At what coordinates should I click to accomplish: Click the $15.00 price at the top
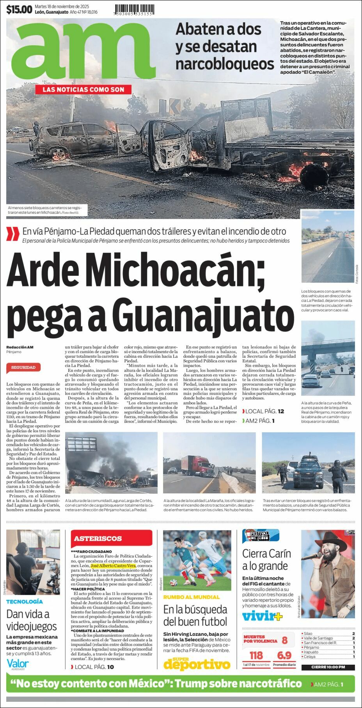pos(19,9)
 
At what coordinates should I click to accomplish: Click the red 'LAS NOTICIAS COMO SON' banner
pos(83,90)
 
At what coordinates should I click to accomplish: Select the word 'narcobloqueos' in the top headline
pos(225,64)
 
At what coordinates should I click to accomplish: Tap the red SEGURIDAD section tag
pos(23,367)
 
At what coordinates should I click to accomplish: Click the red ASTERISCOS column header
pos(98,538)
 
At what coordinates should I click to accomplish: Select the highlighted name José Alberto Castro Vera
pos(113,565)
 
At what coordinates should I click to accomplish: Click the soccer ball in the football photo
pos(174,584)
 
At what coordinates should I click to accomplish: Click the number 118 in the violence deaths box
pos(256,655)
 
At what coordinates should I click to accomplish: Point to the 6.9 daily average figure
pos(284,655)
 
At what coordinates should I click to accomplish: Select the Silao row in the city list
pos(328,634)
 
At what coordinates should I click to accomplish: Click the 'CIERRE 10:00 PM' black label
pos(328,667)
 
